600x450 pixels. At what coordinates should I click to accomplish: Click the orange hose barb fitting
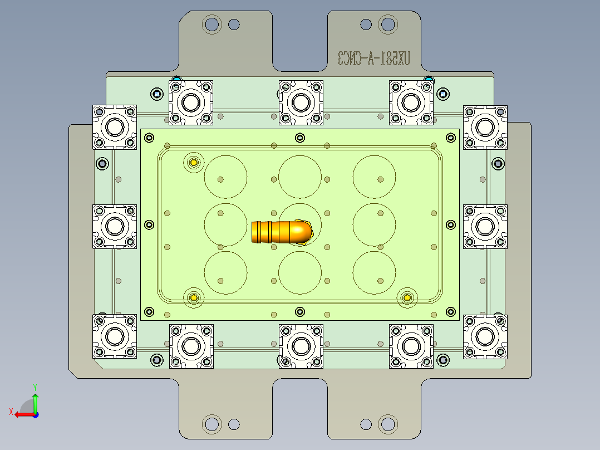[x=281, y=232]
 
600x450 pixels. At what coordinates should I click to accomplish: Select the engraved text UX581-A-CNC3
[x=374, y=58]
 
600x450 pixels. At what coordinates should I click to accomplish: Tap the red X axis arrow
[x=21, y=414]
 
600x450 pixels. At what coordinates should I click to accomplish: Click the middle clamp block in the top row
[x=301, y=102]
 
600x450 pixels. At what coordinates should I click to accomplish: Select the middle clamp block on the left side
[x=115, y=226]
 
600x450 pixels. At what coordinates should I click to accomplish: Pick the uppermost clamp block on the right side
[x=485, y=127]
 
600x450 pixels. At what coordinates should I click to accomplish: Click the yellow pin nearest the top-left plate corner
[x=194, y=163]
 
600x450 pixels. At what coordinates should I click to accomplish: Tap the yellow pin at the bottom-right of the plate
[x=407, y=298]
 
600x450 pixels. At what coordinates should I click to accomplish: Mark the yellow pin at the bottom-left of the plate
[x=194, y=298]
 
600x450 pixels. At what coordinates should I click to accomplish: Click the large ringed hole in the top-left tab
[x=212, y=24]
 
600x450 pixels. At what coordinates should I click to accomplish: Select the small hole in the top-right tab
[x=366, y=24]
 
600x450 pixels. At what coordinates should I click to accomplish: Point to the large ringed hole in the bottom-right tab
[x=387, y=424]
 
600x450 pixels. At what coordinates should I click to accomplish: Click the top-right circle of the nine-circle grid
[x=374, y=177]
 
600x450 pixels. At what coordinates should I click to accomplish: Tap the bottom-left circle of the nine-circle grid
[x=225, y=272]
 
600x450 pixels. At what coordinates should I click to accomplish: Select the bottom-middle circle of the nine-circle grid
[x=300, y=272]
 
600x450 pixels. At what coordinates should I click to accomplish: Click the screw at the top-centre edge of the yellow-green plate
[x=300, y=138]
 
